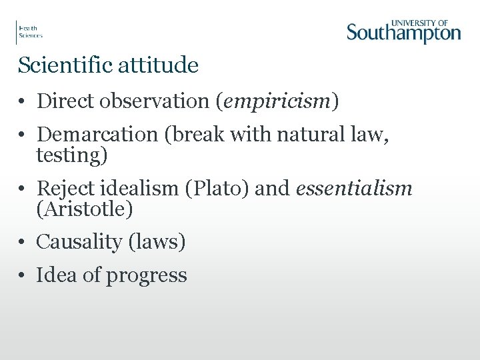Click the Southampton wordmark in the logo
coord(403,33)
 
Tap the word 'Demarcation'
coord(97,135)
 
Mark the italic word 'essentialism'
coord(354,189)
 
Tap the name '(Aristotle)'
coord(85,209)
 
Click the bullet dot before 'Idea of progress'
coord(23,275)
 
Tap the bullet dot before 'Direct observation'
coord(23,102)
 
